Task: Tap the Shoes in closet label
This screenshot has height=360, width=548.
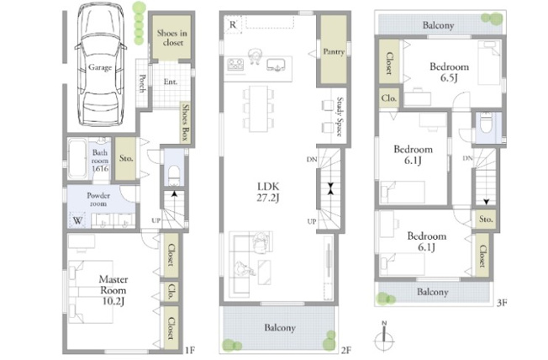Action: pyautogui.click(x=171, y=37)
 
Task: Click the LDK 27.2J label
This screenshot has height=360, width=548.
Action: pyautogui.click(x=268, y=191)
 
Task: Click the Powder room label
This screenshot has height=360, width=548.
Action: pyautogui.click(x=99, y=199)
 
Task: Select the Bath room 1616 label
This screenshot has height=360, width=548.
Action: pyautogui.click(x=100, y=159)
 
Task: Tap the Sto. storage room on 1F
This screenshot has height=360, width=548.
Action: pyautogui.click(x=127, y=158)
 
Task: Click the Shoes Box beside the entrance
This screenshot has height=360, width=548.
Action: pyautogui.click(x=185, y=124)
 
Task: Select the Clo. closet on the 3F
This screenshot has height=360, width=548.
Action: pyautogui.click(x=388, y=98)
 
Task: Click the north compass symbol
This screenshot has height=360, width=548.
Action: pyautogui.click(x=385, y=335)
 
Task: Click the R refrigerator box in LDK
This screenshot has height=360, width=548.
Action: pyautogui.click(x=232, y=24)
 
